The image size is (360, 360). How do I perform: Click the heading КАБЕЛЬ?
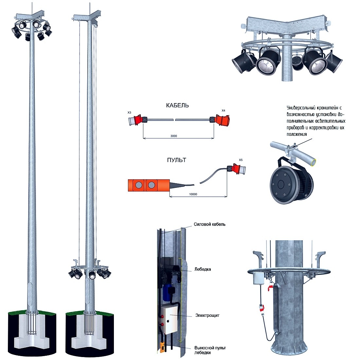177,105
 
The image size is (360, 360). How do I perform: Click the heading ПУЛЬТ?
176,160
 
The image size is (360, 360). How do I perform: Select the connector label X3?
130,113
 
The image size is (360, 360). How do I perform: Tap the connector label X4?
223,111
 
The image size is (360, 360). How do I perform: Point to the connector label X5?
241,160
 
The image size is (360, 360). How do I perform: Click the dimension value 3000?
173,136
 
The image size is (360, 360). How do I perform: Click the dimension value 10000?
193,194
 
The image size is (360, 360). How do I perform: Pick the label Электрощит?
207,315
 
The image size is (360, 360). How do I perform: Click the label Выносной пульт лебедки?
210,350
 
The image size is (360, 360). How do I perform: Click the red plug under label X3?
135,120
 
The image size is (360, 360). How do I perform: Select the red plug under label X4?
220,120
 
